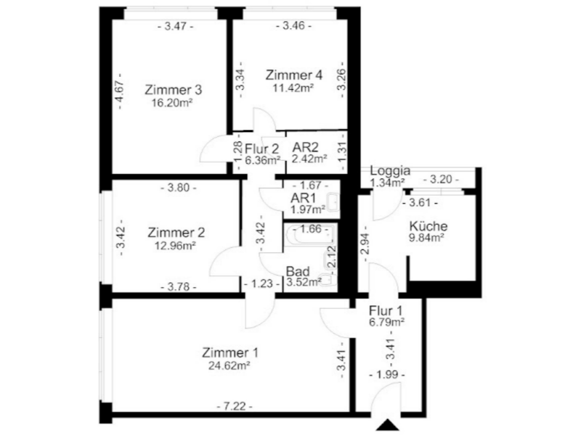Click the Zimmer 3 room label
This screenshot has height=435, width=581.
[174, 90]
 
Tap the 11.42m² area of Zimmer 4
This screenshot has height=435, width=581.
[293, 88]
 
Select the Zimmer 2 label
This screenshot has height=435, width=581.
[176, 233]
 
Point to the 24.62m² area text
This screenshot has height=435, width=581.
[229, 365]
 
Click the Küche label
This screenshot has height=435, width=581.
[428, 225]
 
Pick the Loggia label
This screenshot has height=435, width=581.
[390, 171]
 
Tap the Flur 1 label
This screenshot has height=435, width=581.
[386, 311]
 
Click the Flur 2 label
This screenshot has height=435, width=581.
[262, 149]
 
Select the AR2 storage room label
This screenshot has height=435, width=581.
[305, 147]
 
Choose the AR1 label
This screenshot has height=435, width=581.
[303, 198]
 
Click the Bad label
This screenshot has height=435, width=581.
[298, 271]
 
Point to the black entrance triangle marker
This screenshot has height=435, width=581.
[388, 425]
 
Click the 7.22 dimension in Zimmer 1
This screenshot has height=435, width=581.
[235, 407]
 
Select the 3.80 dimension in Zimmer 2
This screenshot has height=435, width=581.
[179, 188]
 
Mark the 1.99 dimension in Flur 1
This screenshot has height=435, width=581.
[387, 375]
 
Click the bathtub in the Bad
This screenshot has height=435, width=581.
[310, 234]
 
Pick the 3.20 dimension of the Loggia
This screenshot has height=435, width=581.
[441, 180]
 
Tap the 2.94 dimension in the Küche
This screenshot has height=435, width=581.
[365, 244]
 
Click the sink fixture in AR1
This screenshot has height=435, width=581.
[333, 202]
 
